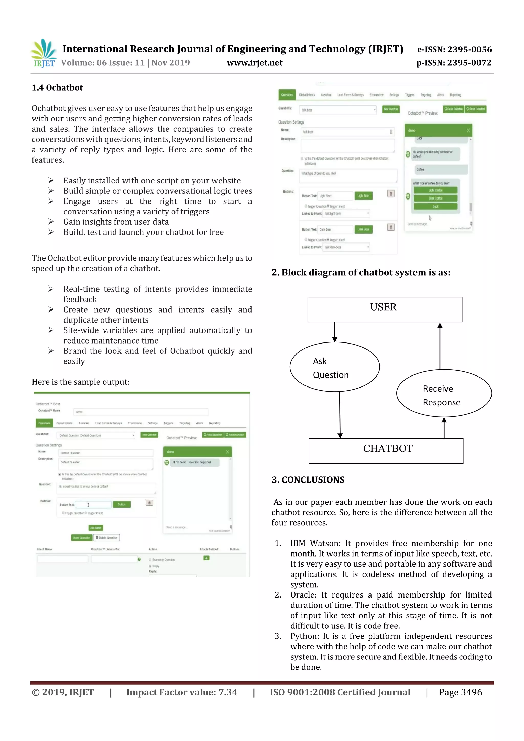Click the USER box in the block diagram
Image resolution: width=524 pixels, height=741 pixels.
pyautogui.click(x=385, y=309)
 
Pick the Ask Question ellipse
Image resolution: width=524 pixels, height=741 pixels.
pyautogui.click(x=334, y=367)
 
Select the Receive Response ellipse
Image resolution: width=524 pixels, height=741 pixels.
pyautogui.click(x=443, y=393)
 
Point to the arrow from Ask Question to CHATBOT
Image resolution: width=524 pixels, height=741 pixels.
pyautogui.click(x=339, y=415)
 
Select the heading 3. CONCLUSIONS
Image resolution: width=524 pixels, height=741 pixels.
pyautogui.click(x=308, y=480)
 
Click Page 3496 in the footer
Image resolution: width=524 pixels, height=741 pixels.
pyautogui.click(x=460, y=692)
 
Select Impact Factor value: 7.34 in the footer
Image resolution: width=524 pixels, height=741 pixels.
pyautogui.click(x=181, y=692)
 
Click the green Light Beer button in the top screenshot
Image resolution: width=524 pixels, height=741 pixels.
pyautogui.click(x=363, y=196)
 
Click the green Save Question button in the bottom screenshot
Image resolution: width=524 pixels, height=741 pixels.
pyautogui.click(x=81, y=537)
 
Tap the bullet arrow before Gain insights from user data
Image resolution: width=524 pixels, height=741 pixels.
pyautogui.click(x=51, y=222)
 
